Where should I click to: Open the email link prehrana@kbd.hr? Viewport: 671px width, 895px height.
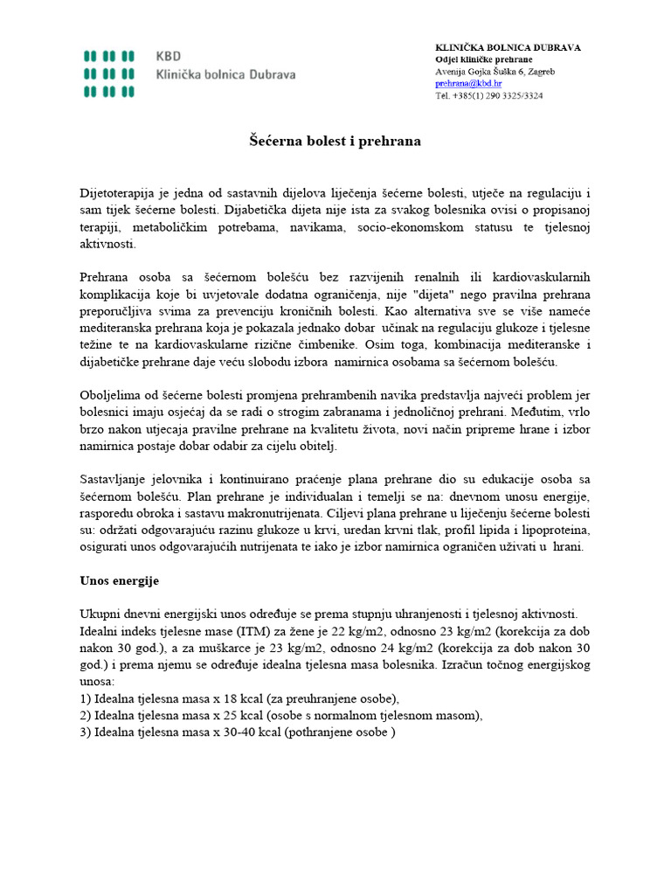[468, 83]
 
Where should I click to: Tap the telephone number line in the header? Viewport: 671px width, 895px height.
[488, 95]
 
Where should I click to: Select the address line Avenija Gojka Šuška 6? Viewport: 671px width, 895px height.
[495, 71]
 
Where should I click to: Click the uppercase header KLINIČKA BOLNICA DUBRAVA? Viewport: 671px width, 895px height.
[508, 46]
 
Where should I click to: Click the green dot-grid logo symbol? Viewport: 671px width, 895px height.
[109, 73]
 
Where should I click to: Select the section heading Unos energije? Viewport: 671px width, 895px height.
[120, 580]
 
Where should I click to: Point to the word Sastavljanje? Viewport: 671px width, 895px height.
[116, 479]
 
